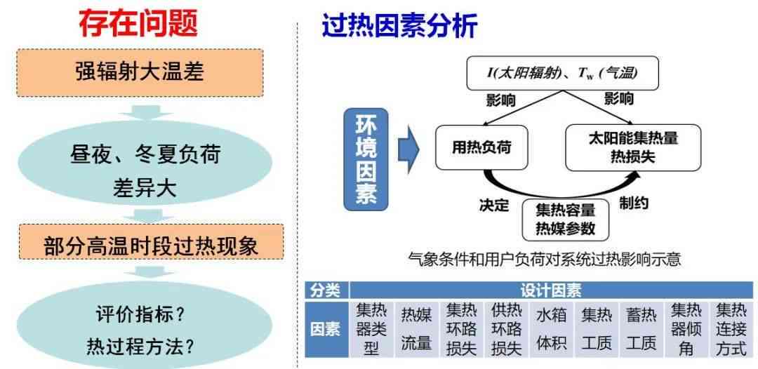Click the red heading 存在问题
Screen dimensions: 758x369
pyautogui.click(x=139, y=23)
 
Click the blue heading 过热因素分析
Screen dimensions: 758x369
pyautogui.click(x=400, y=25)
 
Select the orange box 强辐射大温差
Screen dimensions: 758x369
pyautogui.click(x=140, y=72)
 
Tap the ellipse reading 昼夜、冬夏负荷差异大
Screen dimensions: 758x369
pyautogui.click(x=145, y=170)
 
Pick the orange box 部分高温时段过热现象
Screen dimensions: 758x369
pyautogui.click(x=152, y=242)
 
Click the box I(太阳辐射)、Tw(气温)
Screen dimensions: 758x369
pyautogui.click(x=562, y=73)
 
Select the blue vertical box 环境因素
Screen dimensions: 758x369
pyautogui.click(x=366, y=159)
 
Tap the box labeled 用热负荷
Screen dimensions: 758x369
pyautogui.click(x=481, y=147)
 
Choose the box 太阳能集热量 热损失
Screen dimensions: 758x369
pyautogui.click(x=633, y=147)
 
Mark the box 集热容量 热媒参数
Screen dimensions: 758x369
pyautogui.click(x=566, y=220)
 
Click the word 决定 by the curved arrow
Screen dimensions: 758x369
pyautogui.click(x=495, y=205)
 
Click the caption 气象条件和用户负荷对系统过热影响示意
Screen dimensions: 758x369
pyautogui.click(x=545, y=260)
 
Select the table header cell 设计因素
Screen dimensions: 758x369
pyautogui.click(x=551, y=290)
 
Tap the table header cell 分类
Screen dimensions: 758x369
pyautogui.click(x=326, y=290)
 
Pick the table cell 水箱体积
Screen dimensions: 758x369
pyautogui.click(x=551, y=330)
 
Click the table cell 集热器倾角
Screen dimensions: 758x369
pyautogui.click(x=686, y=330)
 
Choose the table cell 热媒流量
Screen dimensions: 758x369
pyautogui.click(x=416, y=330)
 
